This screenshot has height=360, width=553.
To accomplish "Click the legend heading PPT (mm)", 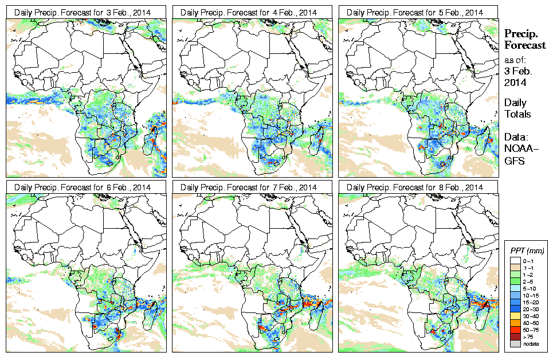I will tap(527, 251).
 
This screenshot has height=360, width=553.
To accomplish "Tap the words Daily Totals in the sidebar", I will tap(517, 108).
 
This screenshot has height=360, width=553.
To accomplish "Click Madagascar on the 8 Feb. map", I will tap(486, 310).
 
